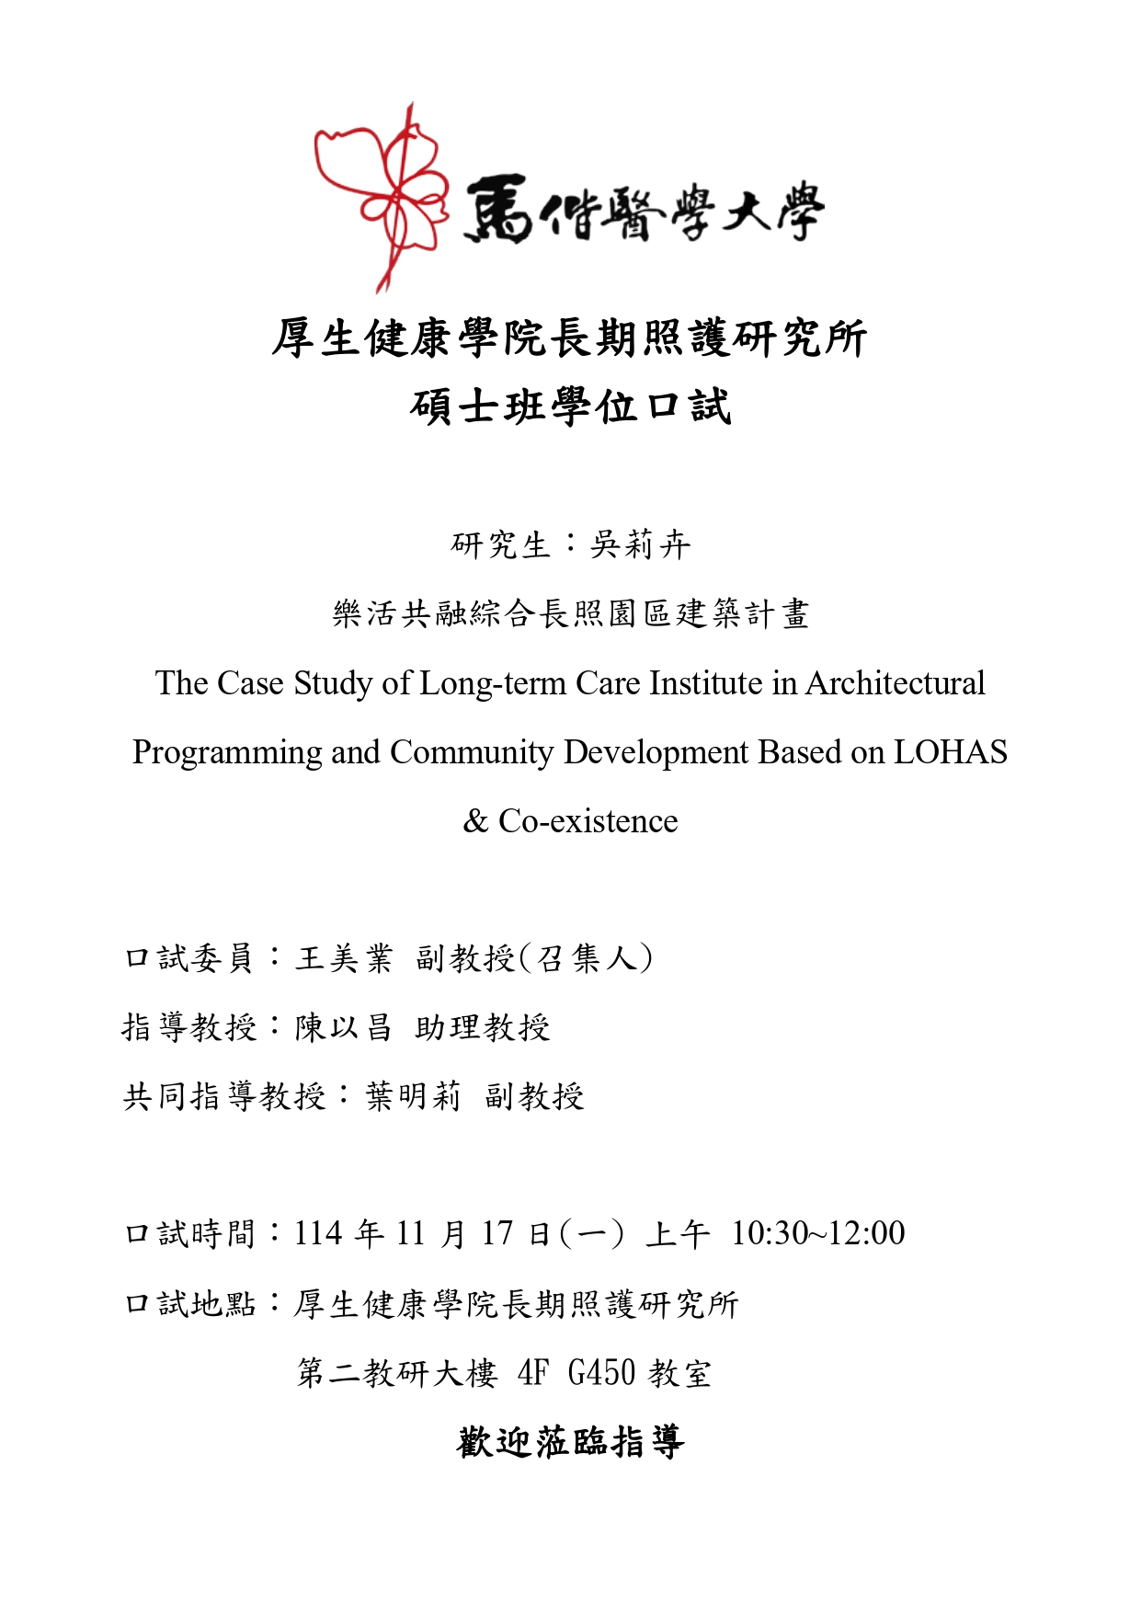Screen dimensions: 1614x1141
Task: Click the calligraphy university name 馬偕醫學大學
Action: click(644, 210)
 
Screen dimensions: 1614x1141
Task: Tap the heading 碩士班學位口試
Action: click(570, 406)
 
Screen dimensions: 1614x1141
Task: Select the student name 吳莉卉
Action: click(640, 544)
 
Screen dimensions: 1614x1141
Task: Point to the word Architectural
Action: click(895, 683)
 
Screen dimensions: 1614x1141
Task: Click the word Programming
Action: click(226, 752)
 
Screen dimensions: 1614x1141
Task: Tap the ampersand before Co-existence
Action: click(474, 821)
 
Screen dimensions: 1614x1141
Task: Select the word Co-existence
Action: click(588, 821)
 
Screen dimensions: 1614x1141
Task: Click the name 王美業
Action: click(344, 958)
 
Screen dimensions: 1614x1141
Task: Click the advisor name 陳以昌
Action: click(344, 1027)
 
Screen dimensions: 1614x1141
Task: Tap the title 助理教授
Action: click(483, 1027)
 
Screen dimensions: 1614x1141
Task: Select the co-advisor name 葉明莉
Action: click(413, 1096)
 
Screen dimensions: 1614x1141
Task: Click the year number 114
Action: click(318, 1233)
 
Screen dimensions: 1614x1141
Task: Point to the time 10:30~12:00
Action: click(817, 1233)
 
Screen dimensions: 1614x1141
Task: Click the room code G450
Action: click(601, 1372)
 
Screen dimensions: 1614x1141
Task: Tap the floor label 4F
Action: click(533, 1372)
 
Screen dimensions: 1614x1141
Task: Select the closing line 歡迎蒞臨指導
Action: click(570, 1441)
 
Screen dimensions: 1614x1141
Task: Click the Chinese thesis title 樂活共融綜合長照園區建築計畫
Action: click(570, 613)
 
